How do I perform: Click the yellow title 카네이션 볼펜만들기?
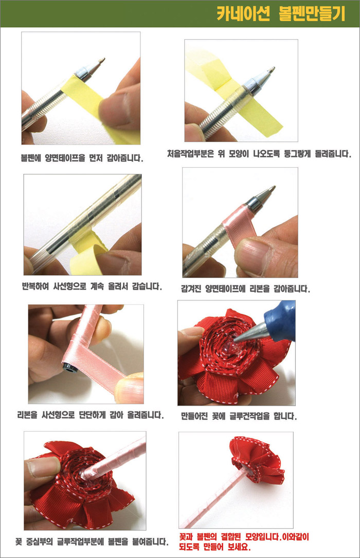(281, 14)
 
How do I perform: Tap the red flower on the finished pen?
(257, 457)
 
